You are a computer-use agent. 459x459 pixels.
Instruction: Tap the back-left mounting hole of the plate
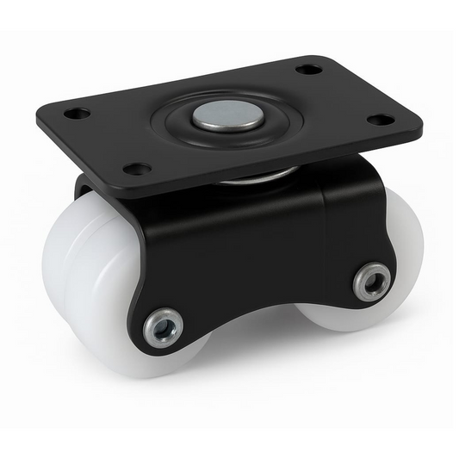pyautogui.click(x=77, y=113)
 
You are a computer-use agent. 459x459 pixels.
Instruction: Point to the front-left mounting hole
pyautogui.click(x=136, y=168)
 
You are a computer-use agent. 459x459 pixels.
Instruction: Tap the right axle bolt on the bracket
pyautogui.click(x=372, y=280)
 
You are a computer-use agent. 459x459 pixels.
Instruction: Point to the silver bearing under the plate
pyautogui.click(x=258, y=177)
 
